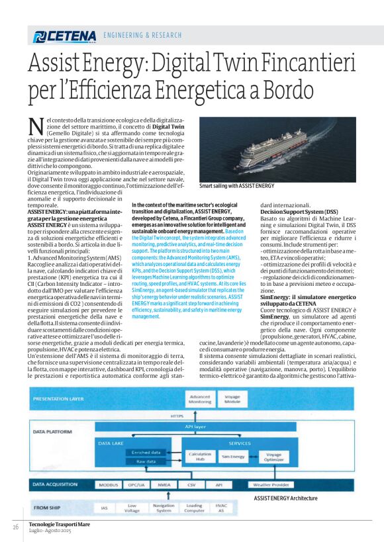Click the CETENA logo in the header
pos(64,36)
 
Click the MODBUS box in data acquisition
pos(109,485)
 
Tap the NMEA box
pos(163,485)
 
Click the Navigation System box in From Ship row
pos(163,508)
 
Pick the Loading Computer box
pos(194,508)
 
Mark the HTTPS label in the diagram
pos(177,416)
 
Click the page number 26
pos(15,527)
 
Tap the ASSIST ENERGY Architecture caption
pos(285,498)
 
